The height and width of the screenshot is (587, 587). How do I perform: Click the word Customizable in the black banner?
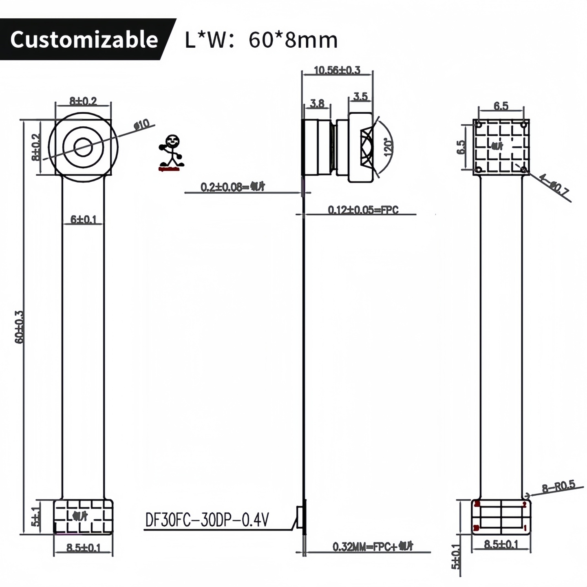(x=84, y=40)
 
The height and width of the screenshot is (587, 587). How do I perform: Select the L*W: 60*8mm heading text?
(x=261, y=40)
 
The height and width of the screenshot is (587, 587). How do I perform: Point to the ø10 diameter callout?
(x=142, y=125)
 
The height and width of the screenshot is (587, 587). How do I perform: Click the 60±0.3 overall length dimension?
(x=20, y=327)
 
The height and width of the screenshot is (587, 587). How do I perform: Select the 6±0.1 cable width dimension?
(x=83, y=220)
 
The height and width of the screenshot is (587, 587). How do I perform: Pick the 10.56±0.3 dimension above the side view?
(x=337, y=70)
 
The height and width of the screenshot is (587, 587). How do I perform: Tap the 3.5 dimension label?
(x=360, y=97)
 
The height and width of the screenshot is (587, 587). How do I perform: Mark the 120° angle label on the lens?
(x=388, y=147)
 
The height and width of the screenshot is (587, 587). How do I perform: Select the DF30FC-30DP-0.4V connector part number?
(x=207, y=520)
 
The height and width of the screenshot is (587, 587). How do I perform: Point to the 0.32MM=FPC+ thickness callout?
(x=373, y=547)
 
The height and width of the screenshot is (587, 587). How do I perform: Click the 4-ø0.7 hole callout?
(x=554, y=184)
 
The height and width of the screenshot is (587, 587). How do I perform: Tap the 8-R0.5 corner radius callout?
(x=558, y=486)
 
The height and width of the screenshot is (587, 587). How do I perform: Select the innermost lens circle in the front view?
(x=83, y=147)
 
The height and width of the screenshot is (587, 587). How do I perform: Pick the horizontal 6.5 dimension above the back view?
(x=501, y=106)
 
